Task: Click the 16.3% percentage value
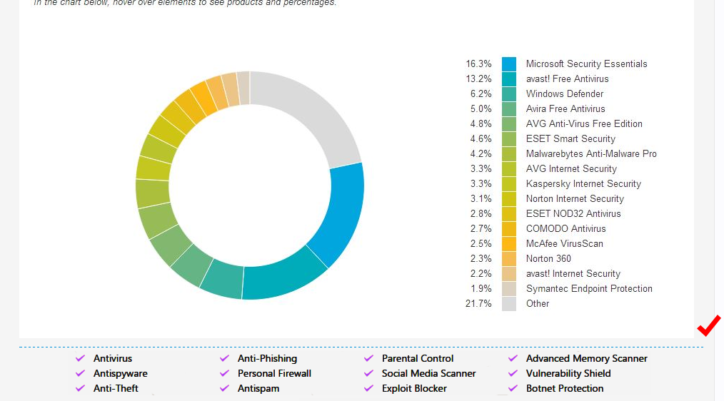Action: pos(478,64)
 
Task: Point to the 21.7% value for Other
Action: pos(478,303)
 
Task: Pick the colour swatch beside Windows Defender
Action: pos(509,93)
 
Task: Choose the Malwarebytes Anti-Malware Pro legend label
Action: pos(591,153)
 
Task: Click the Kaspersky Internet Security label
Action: pos(583,183)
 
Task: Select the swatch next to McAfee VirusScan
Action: pos(509,243)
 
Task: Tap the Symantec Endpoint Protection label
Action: pos(589,288)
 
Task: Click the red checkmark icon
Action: pos(709,325)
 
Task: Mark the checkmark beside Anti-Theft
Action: pos(80,388)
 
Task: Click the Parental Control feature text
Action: pos(418,358)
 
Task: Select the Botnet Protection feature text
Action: pos(565,388)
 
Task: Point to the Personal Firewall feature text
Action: pos(274,373)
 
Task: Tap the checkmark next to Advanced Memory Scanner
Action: pos(513,358)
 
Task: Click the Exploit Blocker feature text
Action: pos(414,388)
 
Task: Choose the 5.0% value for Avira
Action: pos(481,108)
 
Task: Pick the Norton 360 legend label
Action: pos(548,258)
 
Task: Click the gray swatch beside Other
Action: pos(509,303)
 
